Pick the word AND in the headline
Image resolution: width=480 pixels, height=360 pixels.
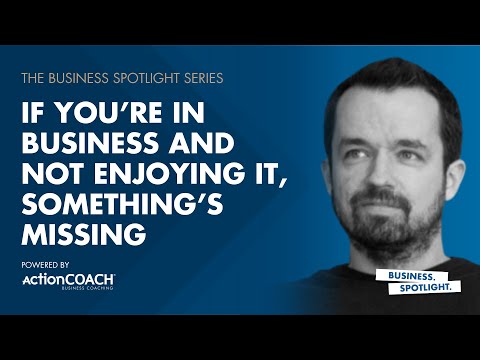(x=196, y=139)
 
